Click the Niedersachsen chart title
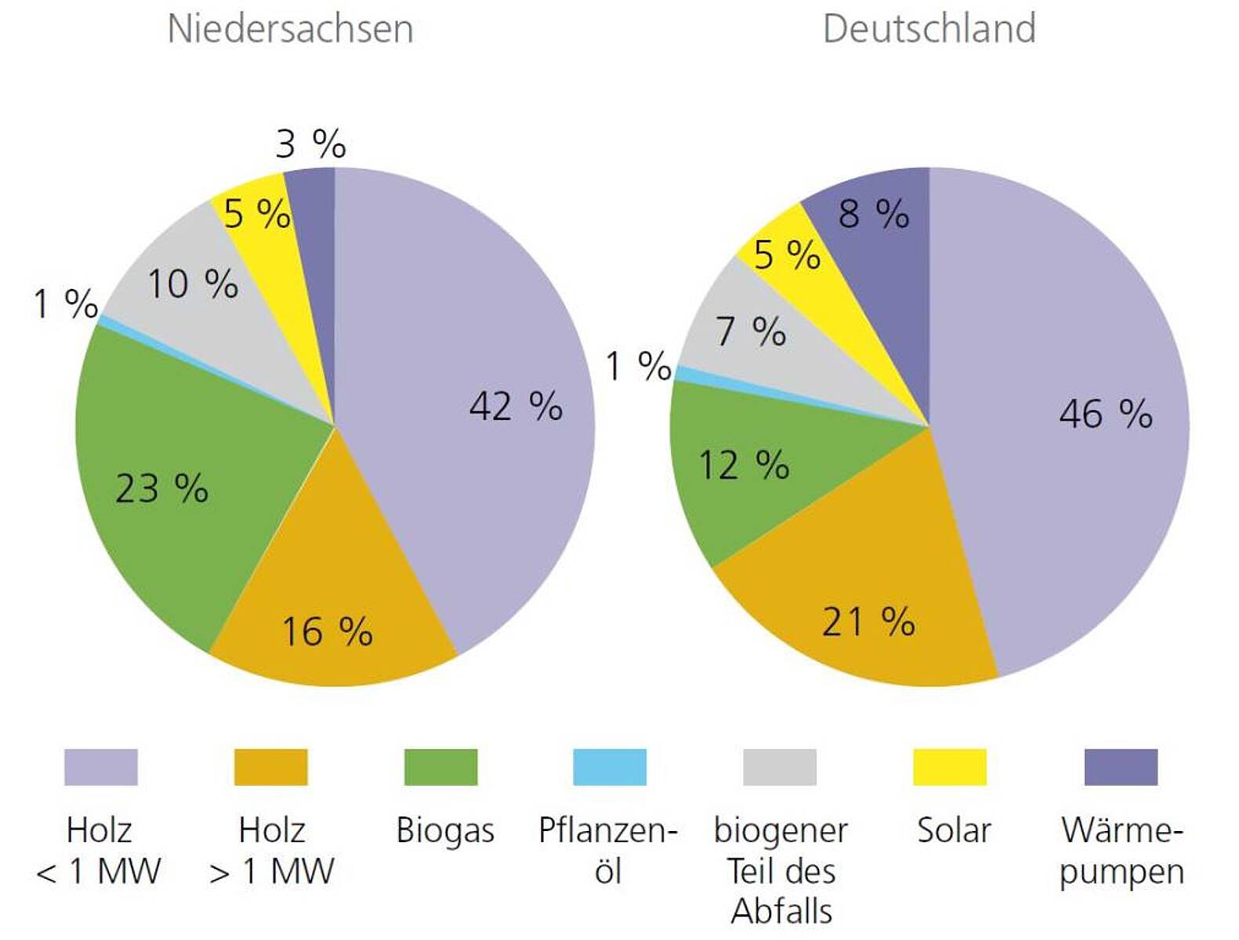(290, 29)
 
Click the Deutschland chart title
(929, 29)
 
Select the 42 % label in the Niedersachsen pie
(516, 406)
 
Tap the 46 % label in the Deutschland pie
(1105, 413)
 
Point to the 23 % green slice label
(161, 489)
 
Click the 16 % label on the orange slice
(327, 631)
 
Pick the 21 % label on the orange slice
(868, 622)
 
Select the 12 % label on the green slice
(743, 465)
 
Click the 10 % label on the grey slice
(193, 284)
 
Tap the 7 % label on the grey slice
(750, 331)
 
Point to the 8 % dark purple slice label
(873, 213)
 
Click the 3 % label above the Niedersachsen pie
(310, 144)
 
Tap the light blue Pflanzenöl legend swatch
(609, 767)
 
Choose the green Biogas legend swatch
(440, 767)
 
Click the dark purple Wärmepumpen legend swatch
(1120, 767)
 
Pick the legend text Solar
(953, 830)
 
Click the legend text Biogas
(444, 830)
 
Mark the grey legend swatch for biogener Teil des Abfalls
(779, 767)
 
